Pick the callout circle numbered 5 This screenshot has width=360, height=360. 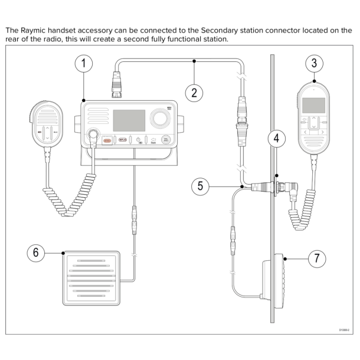click(201, 186)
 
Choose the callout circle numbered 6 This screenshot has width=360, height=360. click(36, 253)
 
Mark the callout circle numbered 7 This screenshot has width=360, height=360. click(317, 258)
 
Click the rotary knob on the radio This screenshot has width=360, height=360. click(159, 117)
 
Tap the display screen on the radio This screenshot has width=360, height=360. click(129, 120)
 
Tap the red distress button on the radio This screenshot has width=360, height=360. click(107, 140)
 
